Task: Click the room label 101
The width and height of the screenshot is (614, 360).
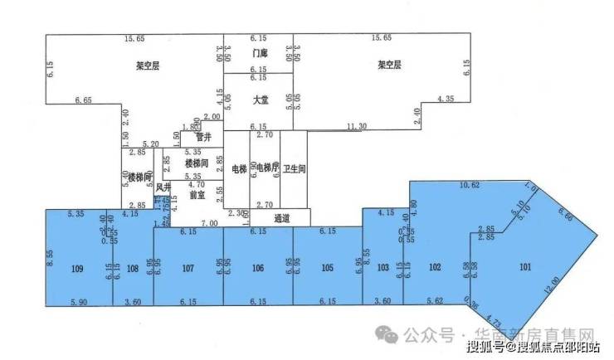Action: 524,267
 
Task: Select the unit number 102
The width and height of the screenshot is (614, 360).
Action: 433,267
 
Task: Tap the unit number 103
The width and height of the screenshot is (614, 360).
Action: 383,267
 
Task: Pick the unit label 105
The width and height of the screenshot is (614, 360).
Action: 327,267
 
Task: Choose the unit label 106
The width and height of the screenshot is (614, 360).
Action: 258,267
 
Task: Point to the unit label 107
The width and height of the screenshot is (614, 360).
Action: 188,267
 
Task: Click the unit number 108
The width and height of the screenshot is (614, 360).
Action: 134,267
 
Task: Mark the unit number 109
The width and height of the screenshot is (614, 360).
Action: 77,267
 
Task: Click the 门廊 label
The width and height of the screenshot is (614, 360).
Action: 259,53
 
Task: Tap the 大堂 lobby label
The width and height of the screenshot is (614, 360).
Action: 259,100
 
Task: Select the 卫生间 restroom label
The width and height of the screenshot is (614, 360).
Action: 295,168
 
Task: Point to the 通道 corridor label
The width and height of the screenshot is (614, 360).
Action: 282,218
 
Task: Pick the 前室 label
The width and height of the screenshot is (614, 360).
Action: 197,196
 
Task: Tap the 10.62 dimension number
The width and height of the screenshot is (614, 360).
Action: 470,186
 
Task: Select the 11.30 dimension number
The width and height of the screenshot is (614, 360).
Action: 357,126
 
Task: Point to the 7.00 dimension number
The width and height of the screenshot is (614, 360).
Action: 209,224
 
